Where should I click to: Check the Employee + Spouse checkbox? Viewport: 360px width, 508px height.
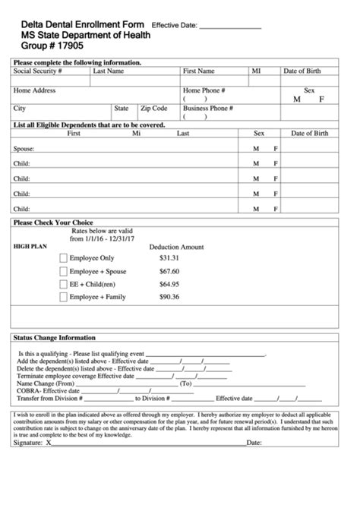coord(64,272)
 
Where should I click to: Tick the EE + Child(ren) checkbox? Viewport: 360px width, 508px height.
coord(64,285)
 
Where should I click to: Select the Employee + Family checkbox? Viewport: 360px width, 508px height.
coord(64,298)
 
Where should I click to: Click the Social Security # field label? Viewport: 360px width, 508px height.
coord(38,71)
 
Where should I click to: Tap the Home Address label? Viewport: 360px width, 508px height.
coord(35,90)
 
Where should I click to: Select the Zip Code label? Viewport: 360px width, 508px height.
coord(153,109)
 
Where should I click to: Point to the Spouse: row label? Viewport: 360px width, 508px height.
coord(24,149)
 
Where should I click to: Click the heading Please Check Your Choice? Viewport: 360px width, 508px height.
coord(53,223)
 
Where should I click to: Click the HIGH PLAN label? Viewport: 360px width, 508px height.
coord(30,247)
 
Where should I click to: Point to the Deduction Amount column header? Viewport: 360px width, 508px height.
coord(176,247)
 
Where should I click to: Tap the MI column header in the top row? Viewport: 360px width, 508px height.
coord(255,71)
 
